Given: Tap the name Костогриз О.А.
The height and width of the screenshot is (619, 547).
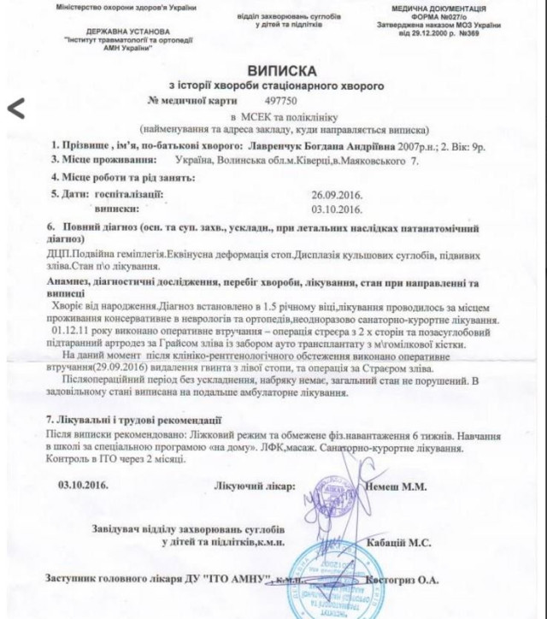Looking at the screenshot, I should (x=401, y=582).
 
